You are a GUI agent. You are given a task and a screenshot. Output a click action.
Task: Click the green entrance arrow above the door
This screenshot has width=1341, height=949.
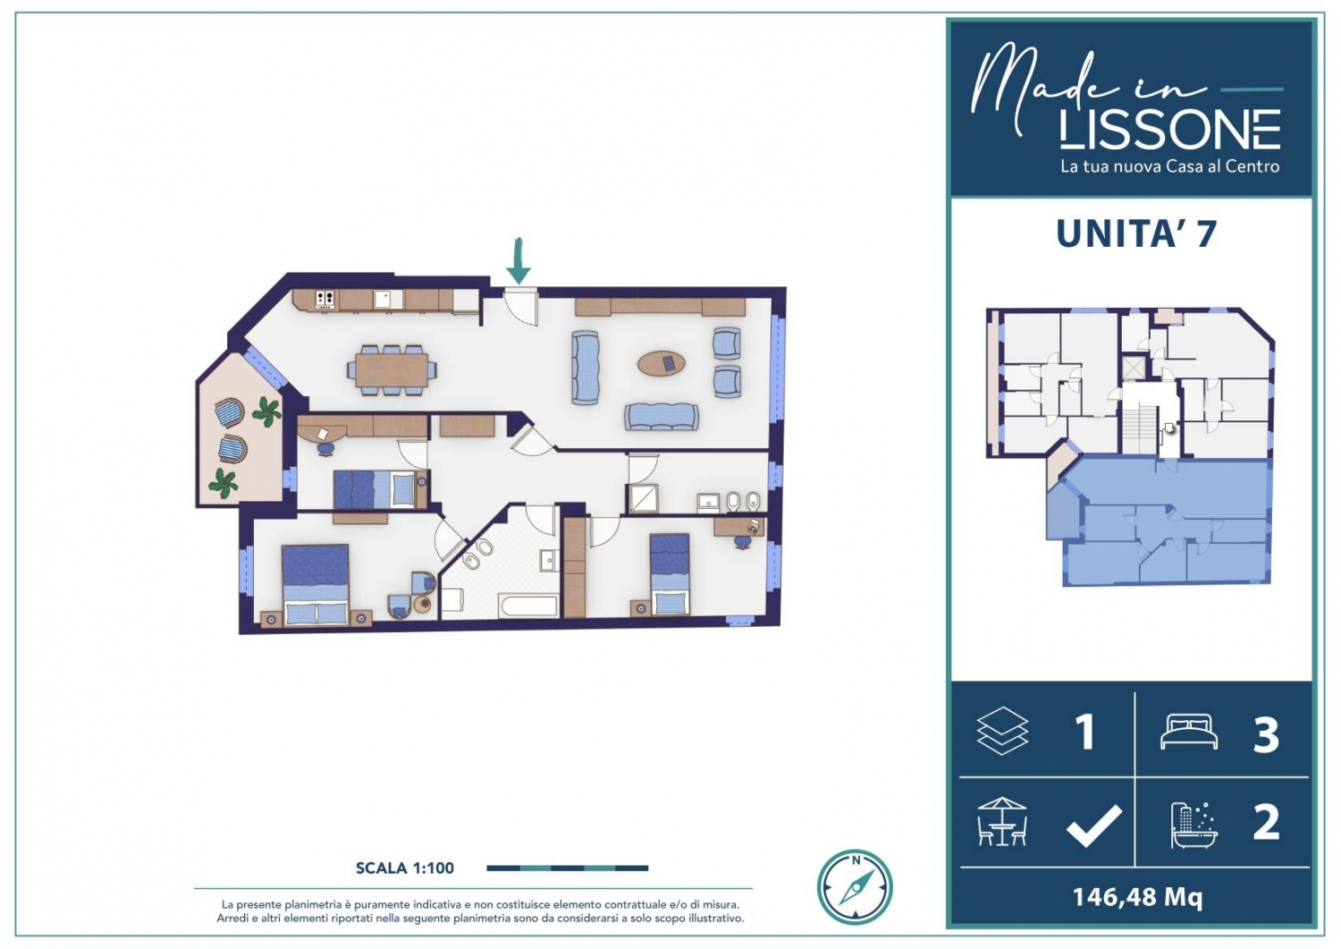[x=518, y=261]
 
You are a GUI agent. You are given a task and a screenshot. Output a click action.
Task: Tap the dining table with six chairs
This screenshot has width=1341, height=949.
[x=392, y=369]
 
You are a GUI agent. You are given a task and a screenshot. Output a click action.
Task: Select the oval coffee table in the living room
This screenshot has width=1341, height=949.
[x=661, y=363]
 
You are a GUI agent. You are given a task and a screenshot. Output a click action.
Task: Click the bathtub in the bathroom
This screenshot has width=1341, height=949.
[x=529, y=606]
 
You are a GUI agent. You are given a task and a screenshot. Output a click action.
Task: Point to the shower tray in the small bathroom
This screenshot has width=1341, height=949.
[x=643, y=499]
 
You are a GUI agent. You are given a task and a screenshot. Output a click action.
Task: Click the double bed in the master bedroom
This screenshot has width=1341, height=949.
[x=316, y=585]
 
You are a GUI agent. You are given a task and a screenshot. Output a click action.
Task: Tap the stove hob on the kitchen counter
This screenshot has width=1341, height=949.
[x=325, y=299]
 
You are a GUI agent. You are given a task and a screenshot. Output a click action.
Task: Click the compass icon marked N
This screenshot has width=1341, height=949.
[x=855, y=886]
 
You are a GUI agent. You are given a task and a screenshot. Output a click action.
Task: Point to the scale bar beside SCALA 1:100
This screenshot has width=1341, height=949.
[x=567, y=869]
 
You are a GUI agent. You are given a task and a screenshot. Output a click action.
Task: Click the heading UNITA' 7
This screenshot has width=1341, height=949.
[x=1136, y=233]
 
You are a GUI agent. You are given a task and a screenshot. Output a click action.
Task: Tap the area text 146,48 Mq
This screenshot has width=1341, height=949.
[x=1137, y=897]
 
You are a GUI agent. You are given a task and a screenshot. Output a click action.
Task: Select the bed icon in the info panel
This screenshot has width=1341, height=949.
[x=1189, y=732]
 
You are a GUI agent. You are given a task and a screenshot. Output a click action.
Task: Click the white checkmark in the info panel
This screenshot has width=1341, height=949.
[x=1093, y=826]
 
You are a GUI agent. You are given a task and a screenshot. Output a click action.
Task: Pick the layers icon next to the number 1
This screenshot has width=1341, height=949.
[x=1002, y=731]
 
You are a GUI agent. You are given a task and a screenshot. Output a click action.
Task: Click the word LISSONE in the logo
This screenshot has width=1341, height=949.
[x=1170, y=130]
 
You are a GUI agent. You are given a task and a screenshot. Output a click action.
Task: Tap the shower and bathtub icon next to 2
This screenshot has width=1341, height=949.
[x=1194, y=825]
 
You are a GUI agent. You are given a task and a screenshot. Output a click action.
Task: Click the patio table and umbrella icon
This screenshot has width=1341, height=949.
[x=1002, y=821]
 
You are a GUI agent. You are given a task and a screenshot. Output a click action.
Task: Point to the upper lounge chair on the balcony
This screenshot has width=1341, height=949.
[x=229, y=412]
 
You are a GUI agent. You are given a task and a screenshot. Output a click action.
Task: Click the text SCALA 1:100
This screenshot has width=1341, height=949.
[x=405, y=869]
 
